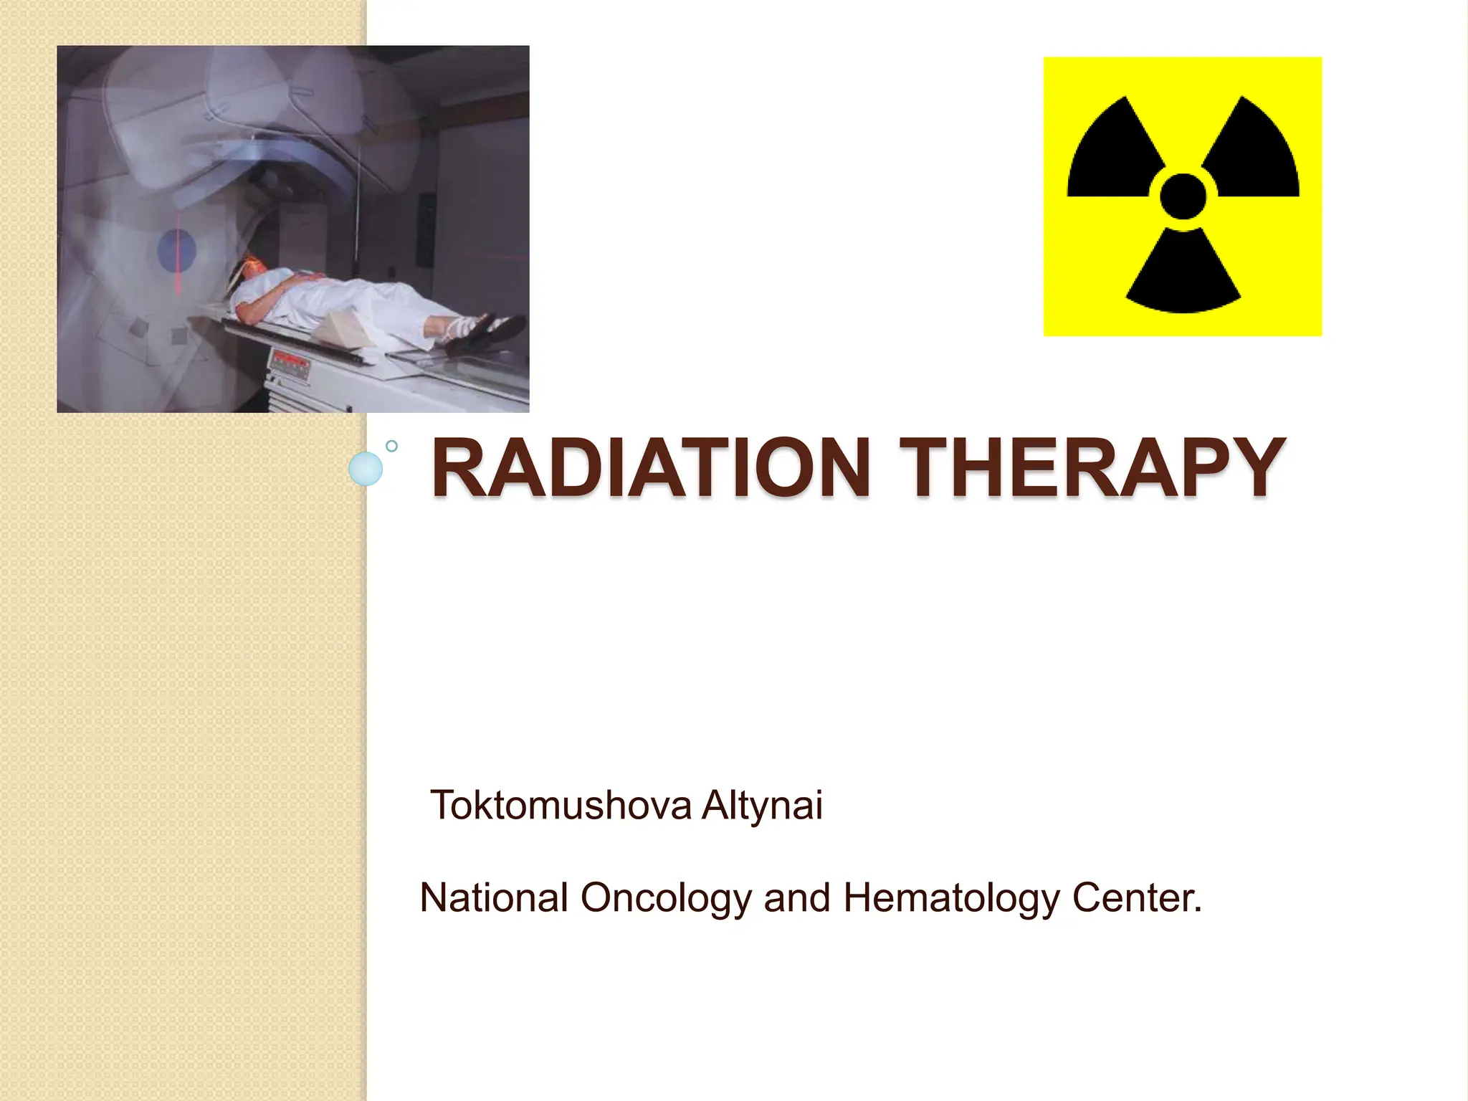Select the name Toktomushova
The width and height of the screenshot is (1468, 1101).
[561, 805]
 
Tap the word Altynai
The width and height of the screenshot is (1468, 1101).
[762, 805]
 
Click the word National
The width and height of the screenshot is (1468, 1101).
[495, 897]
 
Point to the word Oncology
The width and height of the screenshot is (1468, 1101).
[666, 899]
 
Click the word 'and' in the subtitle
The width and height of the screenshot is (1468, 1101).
[796, 897]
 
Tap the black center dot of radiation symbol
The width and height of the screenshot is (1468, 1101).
[1183, 196]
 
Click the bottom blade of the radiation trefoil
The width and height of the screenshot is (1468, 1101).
[1183, 276]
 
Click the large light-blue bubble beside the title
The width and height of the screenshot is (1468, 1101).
[366, 470]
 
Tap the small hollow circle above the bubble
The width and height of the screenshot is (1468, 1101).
[391, 446]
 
